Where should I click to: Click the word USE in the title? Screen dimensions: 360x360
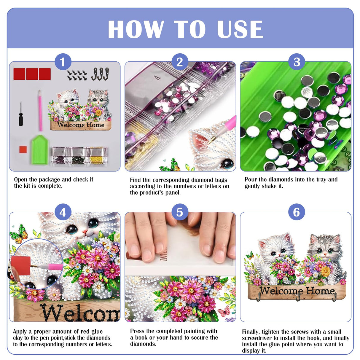tap(240, 29)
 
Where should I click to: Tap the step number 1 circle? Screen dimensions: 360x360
tap(63, 62)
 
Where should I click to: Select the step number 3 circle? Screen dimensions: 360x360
tap(297, 62)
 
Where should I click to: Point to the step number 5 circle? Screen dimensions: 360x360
tap(179, 212)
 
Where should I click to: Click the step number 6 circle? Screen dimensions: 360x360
tap(297, 212)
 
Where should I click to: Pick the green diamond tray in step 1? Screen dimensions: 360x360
tap(39, 149)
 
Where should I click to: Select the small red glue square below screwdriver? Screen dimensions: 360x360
tap(23, 149)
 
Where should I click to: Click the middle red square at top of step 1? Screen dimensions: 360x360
tap(32, 74)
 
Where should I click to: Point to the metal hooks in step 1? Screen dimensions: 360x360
tap(100, 74)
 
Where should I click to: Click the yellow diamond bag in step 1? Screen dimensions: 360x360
tap(98, 156)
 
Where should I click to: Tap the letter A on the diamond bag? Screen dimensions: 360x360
tap(157, 78)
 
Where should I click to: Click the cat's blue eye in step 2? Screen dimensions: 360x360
tap(228, 163)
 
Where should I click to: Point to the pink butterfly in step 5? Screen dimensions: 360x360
tap(224, 311)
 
